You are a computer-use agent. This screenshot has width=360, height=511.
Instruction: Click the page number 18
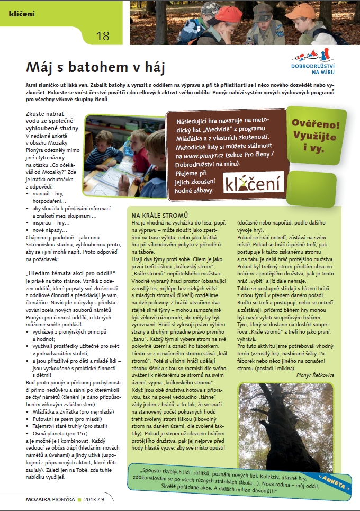pyautogui.click(x=103, y=36)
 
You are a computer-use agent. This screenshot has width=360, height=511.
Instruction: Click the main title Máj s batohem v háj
pyautogui.click(x=96, y=68)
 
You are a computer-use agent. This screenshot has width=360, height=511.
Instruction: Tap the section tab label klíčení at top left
pyautogui.click(x=22, y=13)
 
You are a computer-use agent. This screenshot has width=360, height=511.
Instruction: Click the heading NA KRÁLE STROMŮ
pyautogui.click(x=160, y=216)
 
